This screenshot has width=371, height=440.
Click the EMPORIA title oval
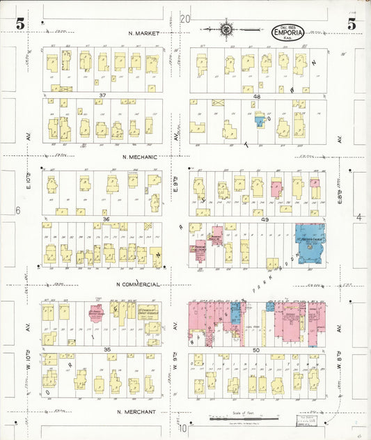pyautogui.click(x=287, y=32)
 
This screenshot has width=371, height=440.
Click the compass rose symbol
pyautogui.click(x=227, y=29)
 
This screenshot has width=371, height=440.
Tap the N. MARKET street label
pyautogui.click(x=144, y=33)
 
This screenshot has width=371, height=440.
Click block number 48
pyautogui.click(x=257, y=96)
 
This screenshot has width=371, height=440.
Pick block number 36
pyautogui.click(x=106, y=219)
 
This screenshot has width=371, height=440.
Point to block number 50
pyautogui.click(x=255, y=349)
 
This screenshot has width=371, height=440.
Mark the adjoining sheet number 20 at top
pyautogui.click(x=184, y=19)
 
